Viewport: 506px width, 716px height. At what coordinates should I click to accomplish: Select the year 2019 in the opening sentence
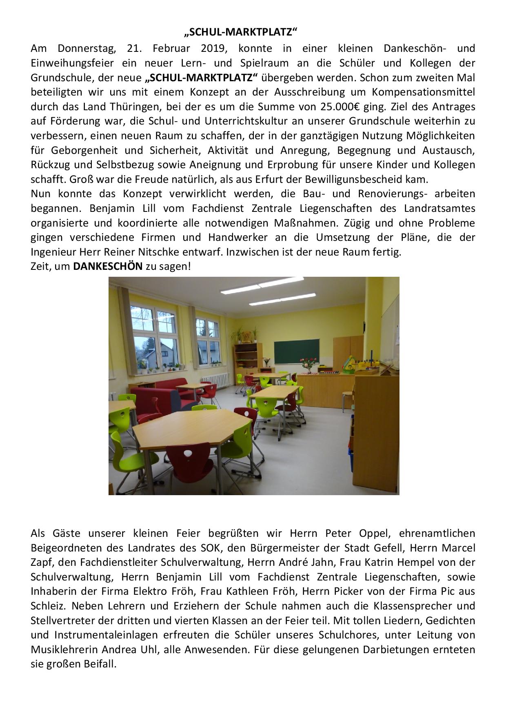pyautogui.click(x=213, y=48)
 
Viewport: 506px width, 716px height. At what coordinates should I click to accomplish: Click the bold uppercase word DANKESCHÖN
pyautogui.click(x=108, y=267)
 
